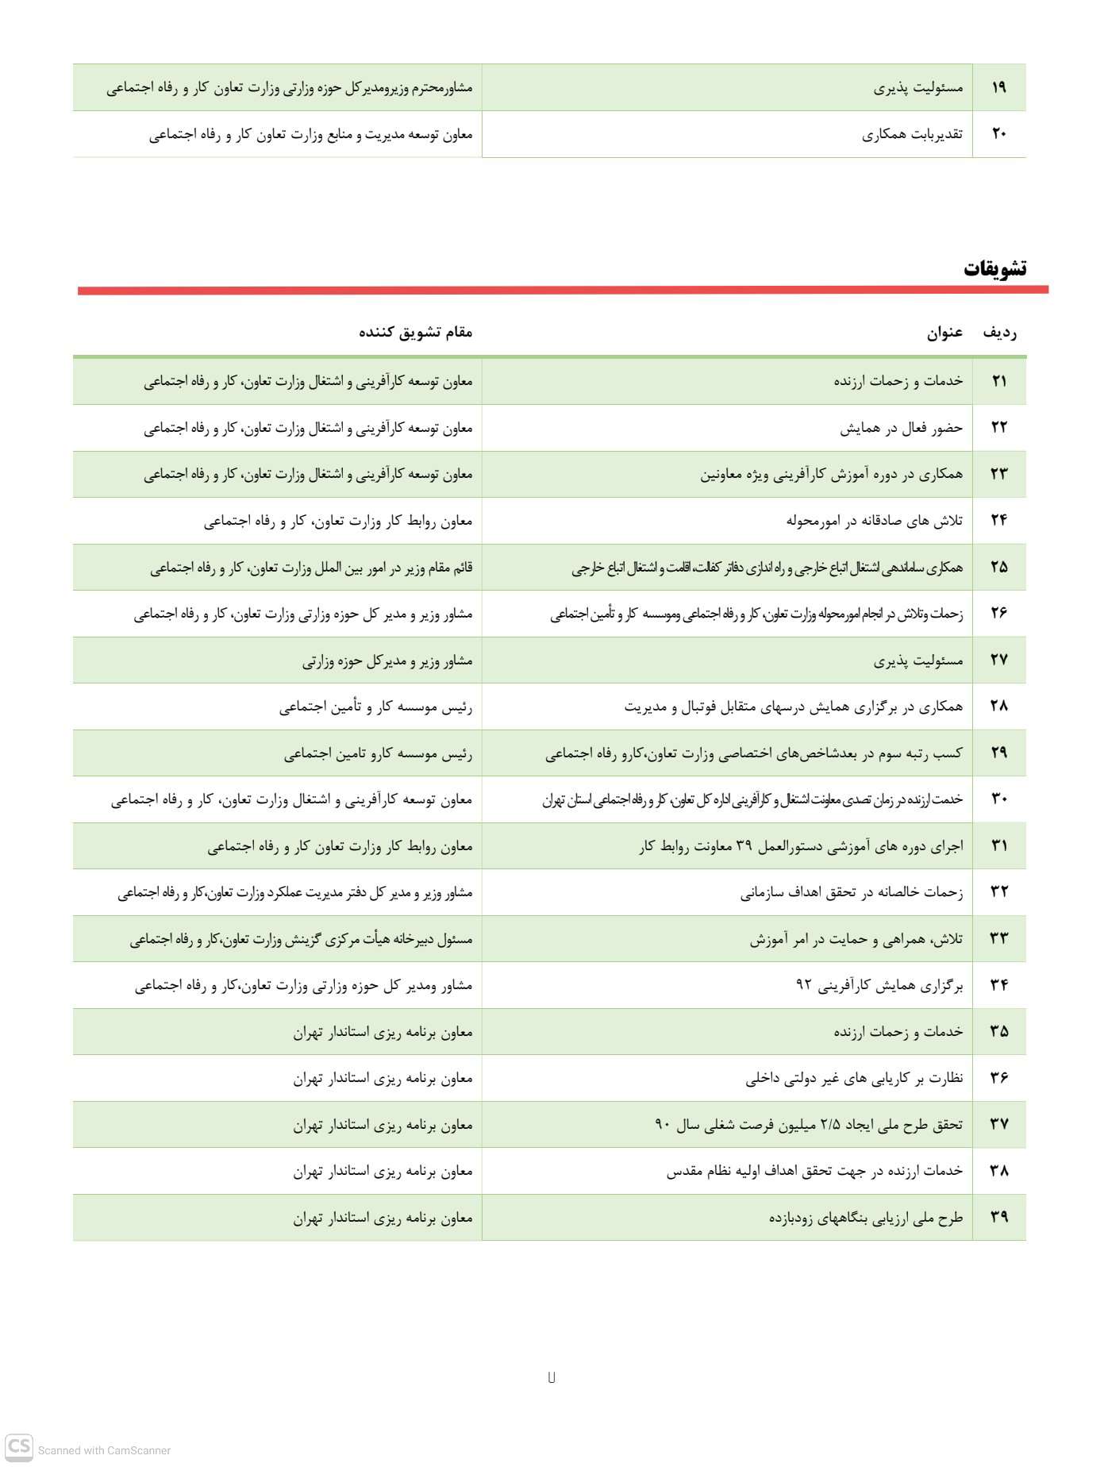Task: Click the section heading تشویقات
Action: pyautogui.click(x=994, y=269)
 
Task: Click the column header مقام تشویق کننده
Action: pyautogui.click(x=415, y=332)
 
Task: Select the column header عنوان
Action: pyautogui.click(x=944, y=333)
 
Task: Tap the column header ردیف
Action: pyautogui.click(x=999, y=333)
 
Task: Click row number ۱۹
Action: pyautogui.click(x=998, y=87)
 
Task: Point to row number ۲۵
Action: pyautogui.click(x=998, y=567)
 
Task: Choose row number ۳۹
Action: pyautogui.click(x=998, y=1217)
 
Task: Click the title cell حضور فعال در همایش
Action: pyautogui.click(x=901, y=428)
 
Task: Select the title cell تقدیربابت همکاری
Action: pyautogui.click(x=912, y=134)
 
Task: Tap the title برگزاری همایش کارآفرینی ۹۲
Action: pyautogui.click(x=879, y=985)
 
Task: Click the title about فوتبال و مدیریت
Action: pyautogui.click(x=793, y=707)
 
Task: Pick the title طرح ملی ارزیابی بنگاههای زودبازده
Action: pyautogui.click(x=865, y=1218)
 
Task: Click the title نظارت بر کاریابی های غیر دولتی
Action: pyautogui.click(x=854, y=1078)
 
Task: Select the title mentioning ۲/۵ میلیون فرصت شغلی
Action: pyautogui.click(x=808, y=1124)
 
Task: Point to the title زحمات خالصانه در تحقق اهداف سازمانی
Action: pyautogui.click(x=852, y=892)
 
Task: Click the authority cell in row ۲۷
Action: pyautogui.click(x=387, y=660)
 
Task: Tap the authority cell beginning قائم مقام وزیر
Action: pyautogui.click(x=311, y=568)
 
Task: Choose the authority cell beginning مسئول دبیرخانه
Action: pyautogui.click(x=301, y=939)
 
